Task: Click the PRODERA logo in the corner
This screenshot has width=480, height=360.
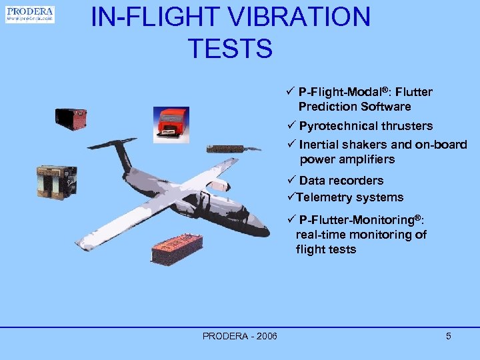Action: point(30,14)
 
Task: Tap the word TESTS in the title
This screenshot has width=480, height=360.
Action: point(230,49)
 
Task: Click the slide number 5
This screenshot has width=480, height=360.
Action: point(449,336)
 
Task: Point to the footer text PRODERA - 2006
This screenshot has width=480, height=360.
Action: point(240,336)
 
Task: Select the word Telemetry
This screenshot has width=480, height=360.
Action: point(325,197)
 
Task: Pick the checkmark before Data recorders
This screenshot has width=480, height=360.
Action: point(290,181)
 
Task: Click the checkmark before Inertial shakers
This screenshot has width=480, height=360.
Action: point(290,145)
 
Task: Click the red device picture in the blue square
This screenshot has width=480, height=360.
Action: point(171,124)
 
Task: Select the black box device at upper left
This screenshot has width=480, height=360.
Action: point(71,119)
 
